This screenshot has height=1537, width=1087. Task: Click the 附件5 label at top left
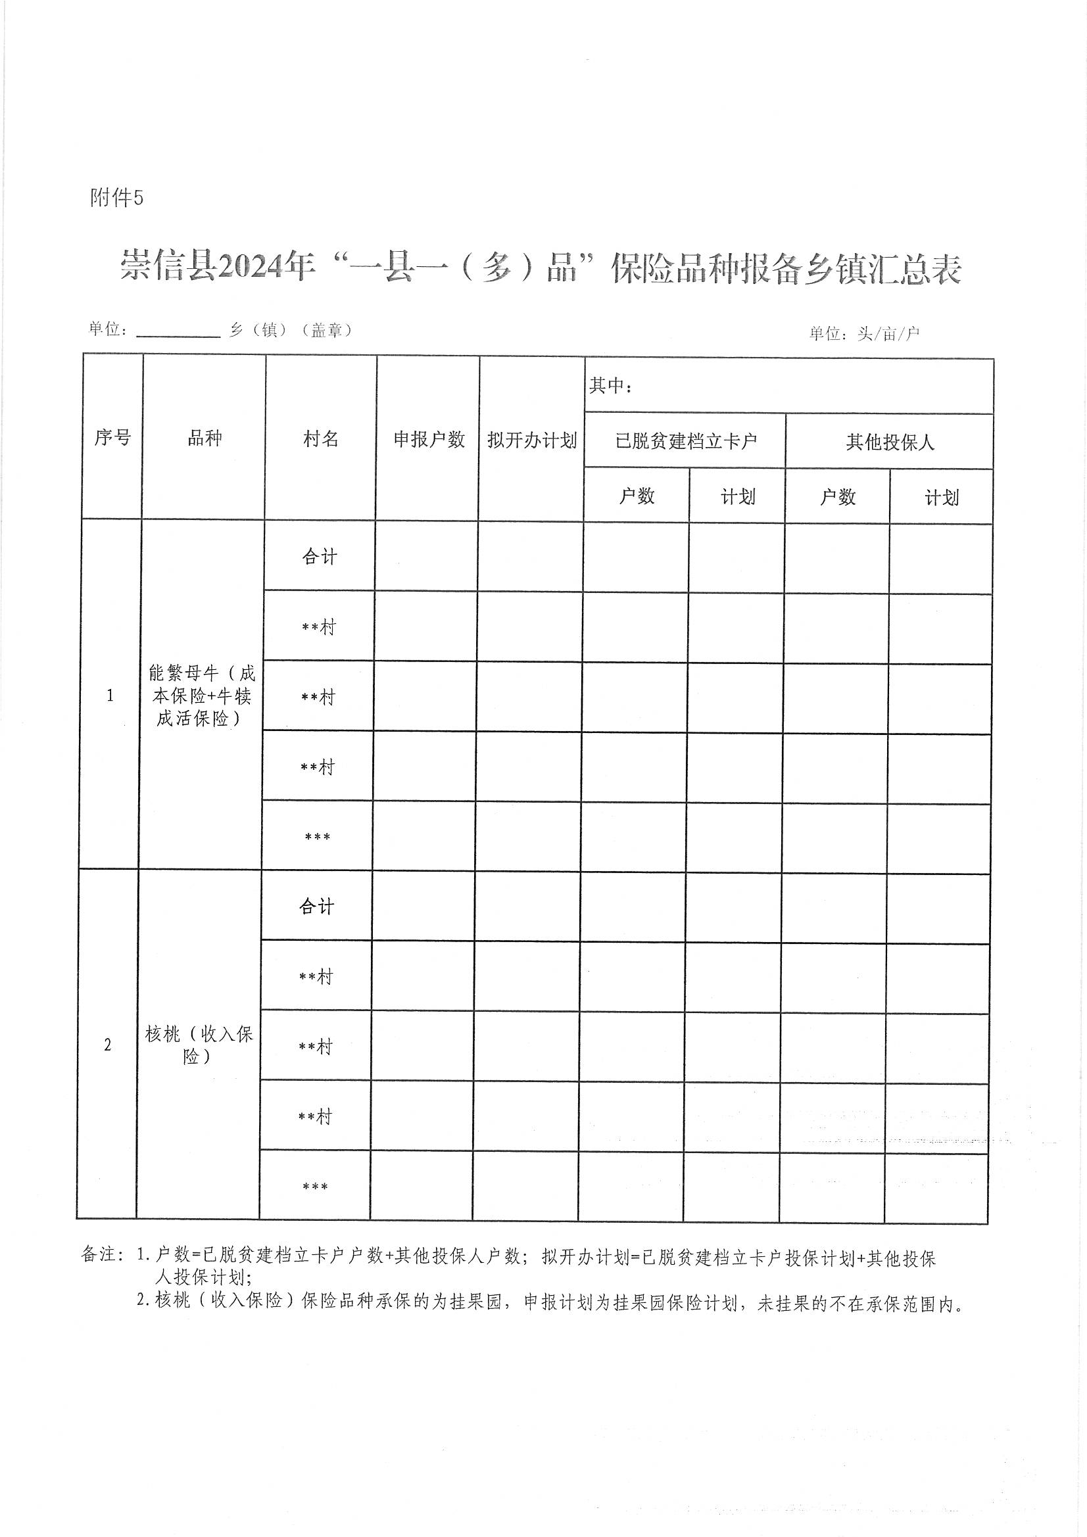pyautogui.click(x=116, y=198)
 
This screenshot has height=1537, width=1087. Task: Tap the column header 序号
pyautogui.click(x=112, y=438)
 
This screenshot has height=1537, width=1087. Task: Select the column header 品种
pyautogui.click(x=205, y=438)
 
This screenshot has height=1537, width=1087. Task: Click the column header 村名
pyautogui.click(x=321, y=439)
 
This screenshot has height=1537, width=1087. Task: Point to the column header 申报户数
pyautogui.click(x=429, y=440)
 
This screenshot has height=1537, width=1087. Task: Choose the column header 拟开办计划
pyautogui.click(x=532, y=440)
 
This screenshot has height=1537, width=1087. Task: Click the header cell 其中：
pyautogui.click(x=611, y=386)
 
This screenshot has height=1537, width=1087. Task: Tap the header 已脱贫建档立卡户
pyautogui.click(x=685, y=442)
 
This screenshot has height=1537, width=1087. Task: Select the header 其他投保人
pyautogui.click(x=890, y=442)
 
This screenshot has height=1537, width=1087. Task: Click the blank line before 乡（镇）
pyautogui.click(x=178, y=331)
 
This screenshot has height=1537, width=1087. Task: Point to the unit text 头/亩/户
pyautogui.click(x=888, y=333)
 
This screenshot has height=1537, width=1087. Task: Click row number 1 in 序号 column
pyautogui.click(x=110, y=696)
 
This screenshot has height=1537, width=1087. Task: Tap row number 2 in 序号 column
pyautogui.click(x=108, y=1046)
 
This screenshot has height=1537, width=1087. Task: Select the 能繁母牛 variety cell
pyautogui.click(x=202, y=696)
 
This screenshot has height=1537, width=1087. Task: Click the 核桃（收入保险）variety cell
pyautogui.click(x=199, y=1045)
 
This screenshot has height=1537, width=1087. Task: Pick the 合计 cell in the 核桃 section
pyautogui.click(x=316, y=907)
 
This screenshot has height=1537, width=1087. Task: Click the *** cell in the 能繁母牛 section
pyautogui.click(x=318, y=838)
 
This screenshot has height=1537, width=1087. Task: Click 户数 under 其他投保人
pyautogui.click(x=837, y=497)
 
